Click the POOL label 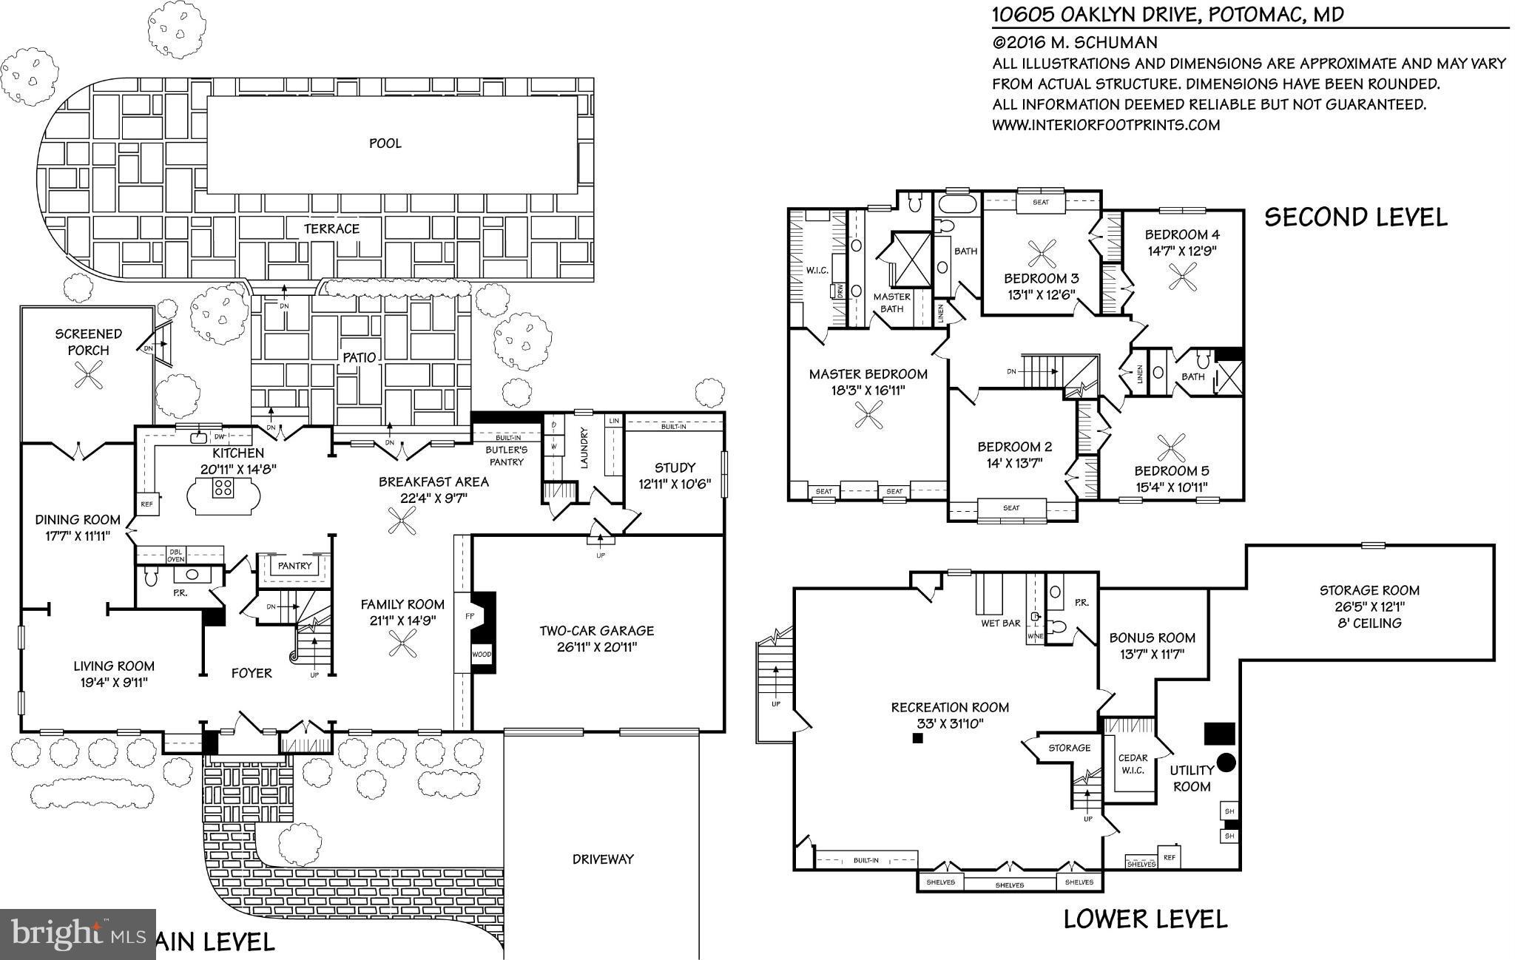(385, 143)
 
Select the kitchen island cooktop (223, 488)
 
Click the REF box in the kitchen (146, 504)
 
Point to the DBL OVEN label (176, 555)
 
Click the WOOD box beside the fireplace (481, 655)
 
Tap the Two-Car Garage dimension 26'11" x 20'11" (595, 648)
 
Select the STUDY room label (675, 467)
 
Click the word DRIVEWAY (603, 859)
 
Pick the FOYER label (252, 673)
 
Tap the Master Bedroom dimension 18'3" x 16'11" (868, 390)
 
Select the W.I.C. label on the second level (816, 271)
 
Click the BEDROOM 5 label (1172, 471)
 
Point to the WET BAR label (1000, 623)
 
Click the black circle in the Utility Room (1226, 762)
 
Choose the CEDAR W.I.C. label (1133, 763)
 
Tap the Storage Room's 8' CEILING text (1369, 623)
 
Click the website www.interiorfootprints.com (1105, 125)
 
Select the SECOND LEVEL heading (1355, 217)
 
